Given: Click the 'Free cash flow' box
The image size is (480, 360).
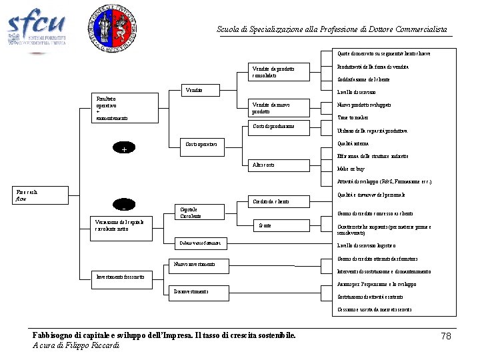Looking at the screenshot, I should [41, 195].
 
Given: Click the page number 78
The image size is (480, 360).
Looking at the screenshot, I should [446, 336].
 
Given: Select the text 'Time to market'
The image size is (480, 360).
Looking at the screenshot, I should [353, 118].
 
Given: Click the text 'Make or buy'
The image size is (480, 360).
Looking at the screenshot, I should [351, 169].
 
